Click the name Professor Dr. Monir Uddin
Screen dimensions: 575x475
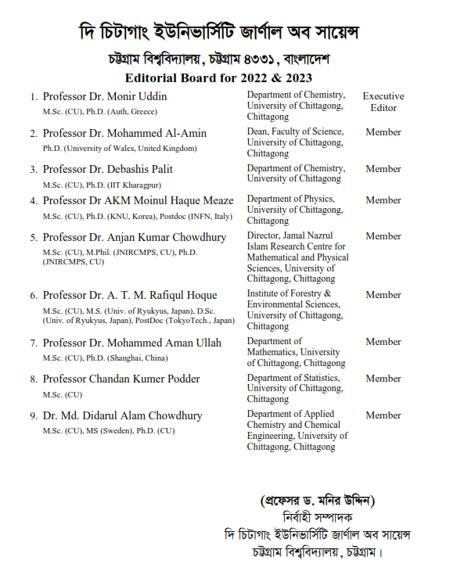pyautogui.click(x=104, y=96)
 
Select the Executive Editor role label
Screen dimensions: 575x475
pyautogui.click(x=383, y=102)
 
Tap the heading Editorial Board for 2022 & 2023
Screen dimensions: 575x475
pyautogui.click(x=218, y=77)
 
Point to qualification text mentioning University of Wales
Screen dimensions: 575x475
pyautogui.click(x=120, y=148)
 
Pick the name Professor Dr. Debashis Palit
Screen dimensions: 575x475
pyautogui.click(x=107, y=169)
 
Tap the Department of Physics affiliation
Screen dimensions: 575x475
pyautogui.click(x=295, y=210)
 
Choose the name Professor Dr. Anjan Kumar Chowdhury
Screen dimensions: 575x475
pyautogui.click(x=134, y=237)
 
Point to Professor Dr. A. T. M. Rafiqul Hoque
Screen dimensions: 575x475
pyautogui.click(x=129, y=295)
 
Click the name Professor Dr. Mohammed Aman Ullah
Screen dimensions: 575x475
pyautogui.click(x=131, y=343)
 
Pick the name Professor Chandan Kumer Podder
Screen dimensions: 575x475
pyautogui.click(x=121, y=379)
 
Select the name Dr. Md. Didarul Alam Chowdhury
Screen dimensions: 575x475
pyautogui.click(x=122, y=415)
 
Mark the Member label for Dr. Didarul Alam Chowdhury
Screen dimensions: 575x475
pyautogui.click(x=383, y=415)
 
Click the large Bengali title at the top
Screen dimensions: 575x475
pyautogui.click(x=236, y=33)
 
